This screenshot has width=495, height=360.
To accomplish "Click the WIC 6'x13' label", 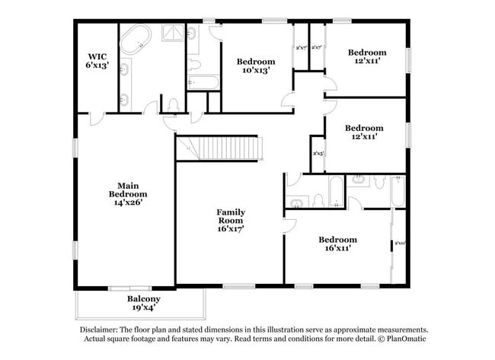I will point(97,60).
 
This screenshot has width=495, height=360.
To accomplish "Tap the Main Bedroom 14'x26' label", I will point(127,193).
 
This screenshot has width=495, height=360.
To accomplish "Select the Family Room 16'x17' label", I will point(230,220).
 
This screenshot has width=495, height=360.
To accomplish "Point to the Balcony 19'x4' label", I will point(143,304).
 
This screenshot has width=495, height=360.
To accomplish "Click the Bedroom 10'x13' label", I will point(255,65).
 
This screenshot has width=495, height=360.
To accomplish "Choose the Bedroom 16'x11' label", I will point(338,244).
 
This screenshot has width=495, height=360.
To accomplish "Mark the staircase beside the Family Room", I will point(221,148).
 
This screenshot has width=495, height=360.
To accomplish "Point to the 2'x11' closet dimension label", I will point(399,244).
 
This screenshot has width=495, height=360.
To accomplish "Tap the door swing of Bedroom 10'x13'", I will point(289,97).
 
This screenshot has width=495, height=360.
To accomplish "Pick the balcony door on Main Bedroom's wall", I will point(128,288).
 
